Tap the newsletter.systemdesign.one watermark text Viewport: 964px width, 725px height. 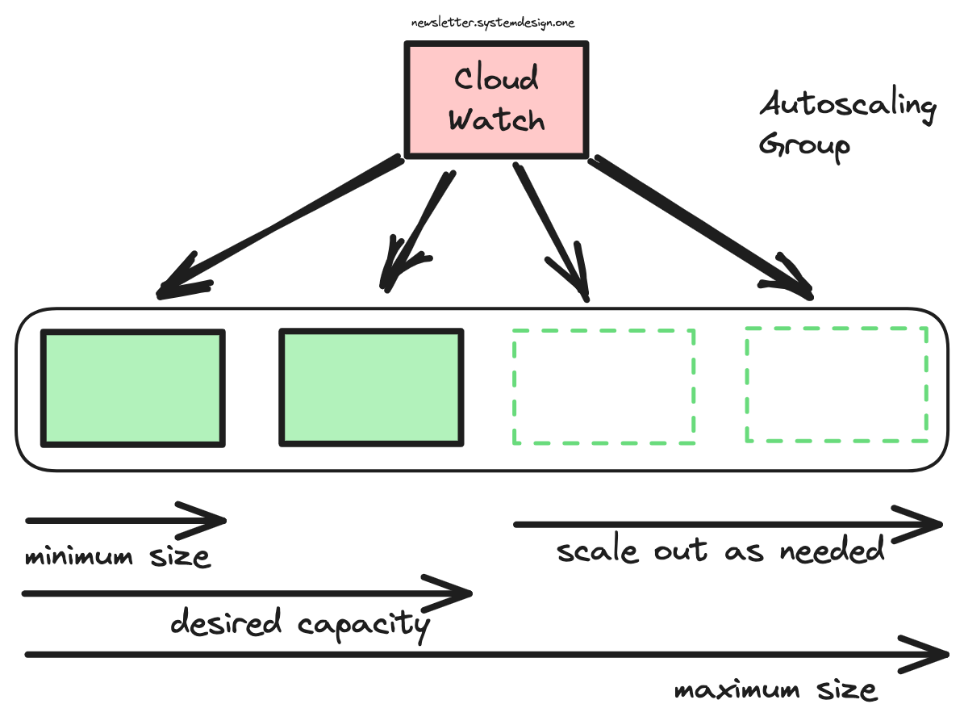click(x=493, y=23)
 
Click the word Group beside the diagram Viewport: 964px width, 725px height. click(x=804, y=147)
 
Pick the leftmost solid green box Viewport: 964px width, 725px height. click(x=133, y=388)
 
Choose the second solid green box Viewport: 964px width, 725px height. click(x=371, y=388)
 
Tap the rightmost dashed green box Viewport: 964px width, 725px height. click(x=837, y=384)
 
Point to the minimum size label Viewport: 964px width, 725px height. click(x=118, y=556)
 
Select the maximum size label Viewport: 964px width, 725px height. click(x=775, y=690)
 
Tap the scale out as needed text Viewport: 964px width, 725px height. click(x=720, y=551)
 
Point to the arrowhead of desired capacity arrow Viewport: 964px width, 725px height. click(x=457, y=594)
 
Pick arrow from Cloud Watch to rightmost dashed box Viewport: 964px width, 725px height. click(x=702, y=228)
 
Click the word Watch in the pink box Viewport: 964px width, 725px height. click(x=497, y=119)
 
